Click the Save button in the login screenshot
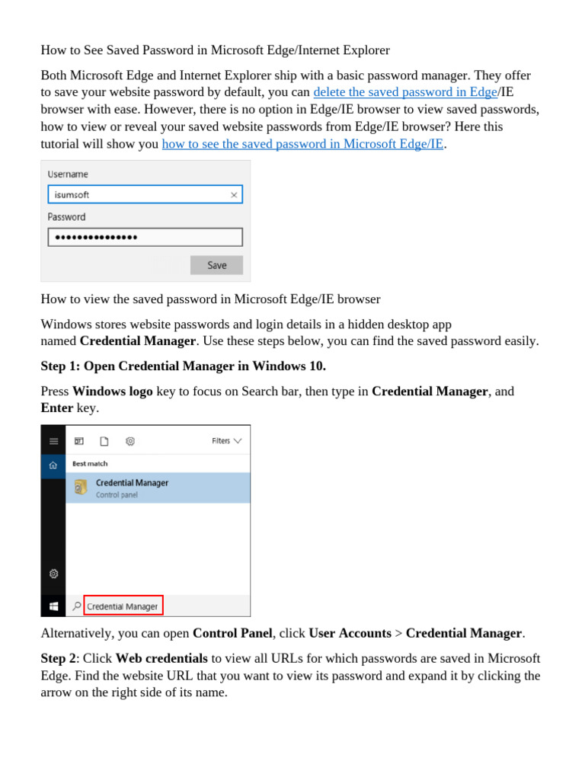pos(216,265)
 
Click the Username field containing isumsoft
pos(137,195)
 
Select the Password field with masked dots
pos(145,238)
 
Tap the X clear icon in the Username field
pos(234,195)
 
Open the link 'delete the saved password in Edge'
pos(405,92)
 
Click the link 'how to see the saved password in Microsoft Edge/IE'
pos(302,144)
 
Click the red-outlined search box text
pos(123,606)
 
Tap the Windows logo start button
pos(53,606)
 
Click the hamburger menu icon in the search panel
pos(53,440)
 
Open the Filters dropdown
pos(226,440)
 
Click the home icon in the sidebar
pos(53,465)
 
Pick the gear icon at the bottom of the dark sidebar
pos(53,574)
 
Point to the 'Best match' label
pos(90,463)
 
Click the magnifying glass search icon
pos(76,606)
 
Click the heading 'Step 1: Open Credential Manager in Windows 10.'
pos(183,366)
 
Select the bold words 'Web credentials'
pos(161,658)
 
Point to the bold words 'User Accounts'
pos(350,633)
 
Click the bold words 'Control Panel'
pos(232,633)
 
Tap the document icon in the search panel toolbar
pos(104,440)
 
